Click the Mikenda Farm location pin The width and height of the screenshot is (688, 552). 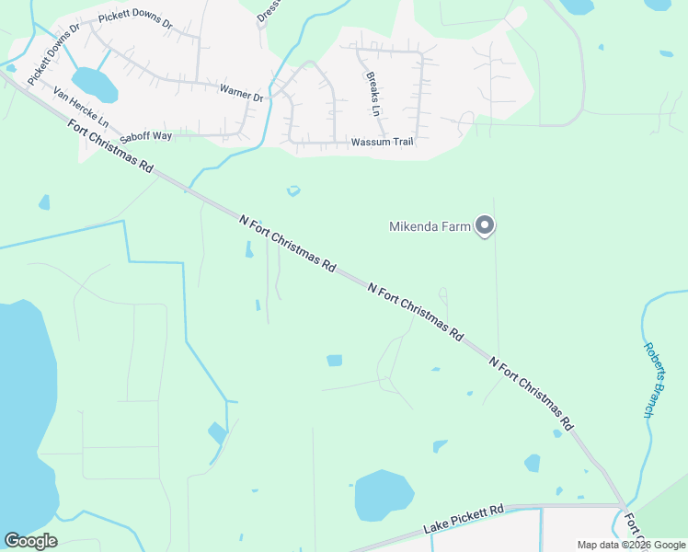pos(485,225)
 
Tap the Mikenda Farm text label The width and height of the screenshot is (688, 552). pos(430,226)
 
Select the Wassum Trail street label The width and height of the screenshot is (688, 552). pos(383,143)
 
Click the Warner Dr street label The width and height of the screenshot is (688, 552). pos(241,92)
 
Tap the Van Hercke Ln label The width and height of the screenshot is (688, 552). pos(81,108)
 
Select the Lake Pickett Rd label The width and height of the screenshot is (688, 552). pos(464,520)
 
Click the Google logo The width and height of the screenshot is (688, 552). pos(30,541)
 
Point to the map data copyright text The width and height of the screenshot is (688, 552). pos(630,545)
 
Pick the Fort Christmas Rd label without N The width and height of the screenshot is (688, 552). pos(110,145)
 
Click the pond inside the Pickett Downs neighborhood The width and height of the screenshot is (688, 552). pos(95,84)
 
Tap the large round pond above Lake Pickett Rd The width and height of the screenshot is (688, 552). pos(384,495)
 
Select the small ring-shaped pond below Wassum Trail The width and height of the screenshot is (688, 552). pos(293,191)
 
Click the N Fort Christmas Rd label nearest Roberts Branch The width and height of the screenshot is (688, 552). pos(532,394)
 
